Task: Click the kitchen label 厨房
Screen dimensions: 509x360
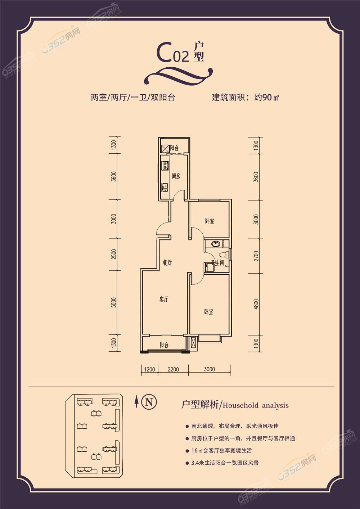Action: click(x=176, y=176)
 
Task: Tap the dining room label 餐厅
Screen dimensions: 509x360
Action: click(x=167, y=263)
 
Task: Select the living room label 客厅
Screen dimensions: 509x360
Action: click(x=164, y=299)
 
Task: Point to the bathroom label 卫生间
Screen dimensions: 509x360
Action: click(x=218, y=263)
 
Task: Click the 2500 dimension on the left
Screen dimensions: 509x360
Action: click(x=114, y=255)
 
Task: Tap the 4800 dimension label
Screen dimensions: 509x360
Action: click(x=256, y=305)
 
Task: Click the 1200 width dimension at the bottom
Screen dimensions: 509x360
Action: click(x=149, y=369)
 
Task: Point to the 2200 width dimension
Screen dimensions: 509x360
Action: click(x=173, y=369)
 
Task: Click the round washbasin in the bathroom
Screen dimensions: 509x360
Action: click(x=216, y=244)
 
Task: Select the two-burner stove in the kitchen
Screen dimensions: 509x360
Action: click(x=165, y=166)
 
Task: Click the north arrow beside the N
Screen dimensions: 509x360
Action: click(x=136, y=401)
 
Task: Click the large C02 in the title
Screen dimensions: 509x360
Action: click(x=172, y=53)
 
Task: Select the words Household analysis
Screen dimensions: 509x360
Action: click(x=256, y=406)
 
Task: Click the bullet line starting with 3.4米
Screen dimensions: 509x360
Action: click(x=225, y=463)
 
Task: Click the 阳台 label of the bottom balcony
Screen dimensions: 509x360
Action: click(x=164, y=345)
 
